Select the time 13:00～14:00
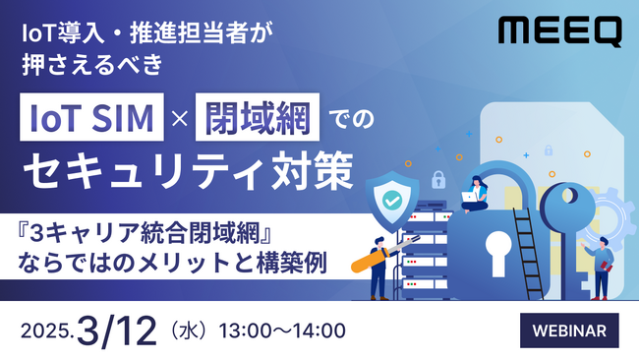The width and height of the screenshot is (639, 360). click(282, 328)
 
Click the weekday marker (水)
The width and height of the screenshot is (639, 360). click(187, 328)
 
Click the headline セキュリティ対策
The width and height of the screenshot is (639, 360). click(187, 171)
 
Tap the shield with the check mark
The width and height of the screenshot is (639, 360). click(391, 198)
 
